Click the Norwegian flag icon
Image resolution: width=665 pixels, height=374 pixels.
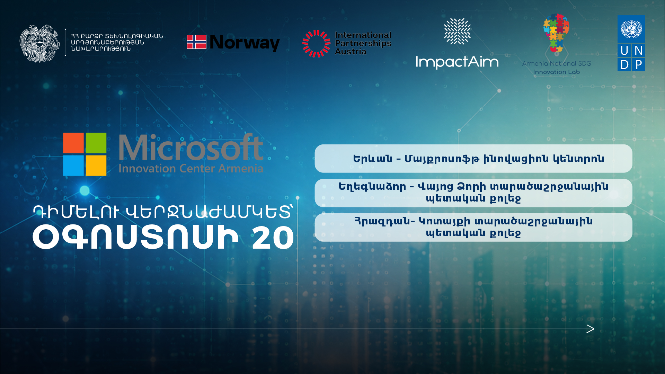tap(196, 42)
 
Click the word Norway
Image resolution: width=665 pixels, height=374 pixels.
tap(245, 43)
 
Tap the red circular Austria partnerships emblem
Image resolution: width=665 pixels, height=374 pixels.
tap(316, 43)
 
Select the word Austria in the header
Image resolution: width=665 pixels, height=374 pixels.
tap(351, 52)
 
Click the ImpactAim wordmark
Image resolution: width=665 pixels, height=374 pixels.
tap(457, 62)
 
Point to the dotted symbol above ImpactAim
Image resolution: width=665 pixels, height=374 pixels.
tap(458, 31)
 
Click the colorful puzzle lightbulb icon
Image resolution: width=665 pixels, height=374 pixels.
tap(556, 33)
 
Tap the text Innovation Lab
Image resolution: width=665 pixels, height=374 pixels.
tap(557, 72)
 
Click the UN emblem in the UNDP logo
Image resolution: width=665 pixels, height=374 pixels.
tap(631, 29)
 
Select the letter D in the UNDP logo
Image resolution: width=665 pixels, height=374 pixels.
tap(624, 65)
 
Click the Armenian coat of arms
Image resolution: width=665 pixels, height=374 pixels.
tap(39, 43)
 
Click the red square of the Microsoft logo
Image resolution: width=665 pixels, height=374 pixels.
tap(73, 143)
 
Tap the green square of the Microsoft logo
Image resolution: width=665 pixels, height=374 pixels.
tap(96, 143)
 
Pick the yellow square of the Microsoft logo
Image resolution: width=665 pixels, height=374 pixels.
tap(96, 166)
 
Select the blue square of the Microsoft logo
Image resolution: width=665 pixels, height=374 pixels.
tap(73, 166)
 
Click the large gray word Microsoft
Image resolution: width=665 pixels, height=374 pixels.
tap(191, 148)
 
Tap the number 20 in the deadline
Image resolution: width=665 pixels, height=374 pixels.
tap(273, 238)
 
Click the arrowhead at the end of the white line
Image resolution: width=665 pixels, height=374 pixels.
tap(591, 329)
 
